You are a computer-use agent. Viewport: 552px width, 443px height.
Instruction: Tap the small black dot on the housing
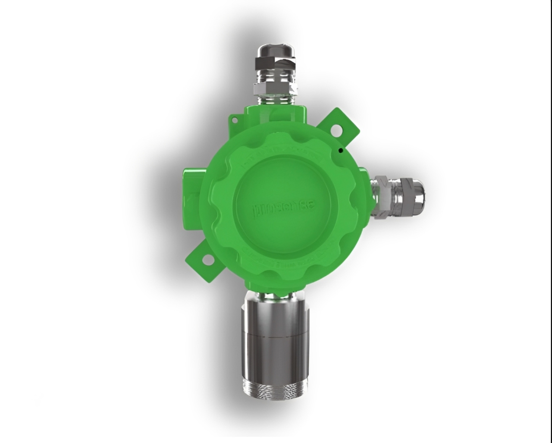click(340, 151)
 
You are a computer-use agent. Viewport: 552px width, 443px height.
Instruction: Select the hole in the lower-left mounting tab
click(207, 259)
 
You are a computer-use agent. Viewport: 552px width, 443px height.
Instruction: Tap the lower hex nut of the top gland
click(275, 89)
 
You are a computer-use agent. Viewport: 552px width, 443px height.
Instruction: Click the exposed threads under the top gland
click(275, 99)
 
